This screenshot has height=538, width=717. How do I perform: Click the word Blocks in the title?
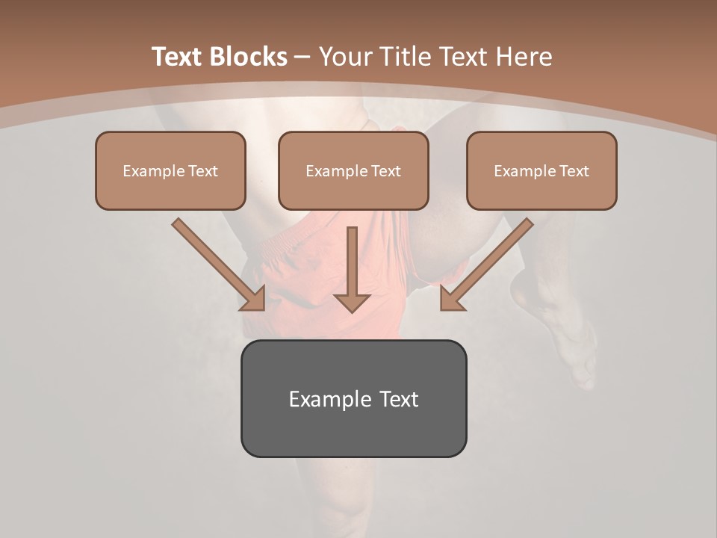(249, 57)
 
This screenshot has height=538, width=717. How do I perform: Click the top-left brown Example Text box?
(170, 171)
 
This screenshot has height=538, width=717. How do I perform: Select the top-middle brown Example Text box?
(353, 171)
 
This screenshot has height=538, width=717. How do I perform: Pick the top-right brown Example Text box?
(541, 171)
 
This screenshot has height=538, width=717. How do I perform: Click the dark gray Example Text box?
(353, 398)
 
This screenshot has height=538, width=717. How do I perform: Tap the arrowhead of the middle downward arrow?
(352, 302)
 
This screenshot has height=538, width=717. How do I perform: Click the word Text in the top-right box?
(574, 171)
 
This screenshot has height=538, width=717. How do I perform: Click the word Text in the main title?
(177, 57)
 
